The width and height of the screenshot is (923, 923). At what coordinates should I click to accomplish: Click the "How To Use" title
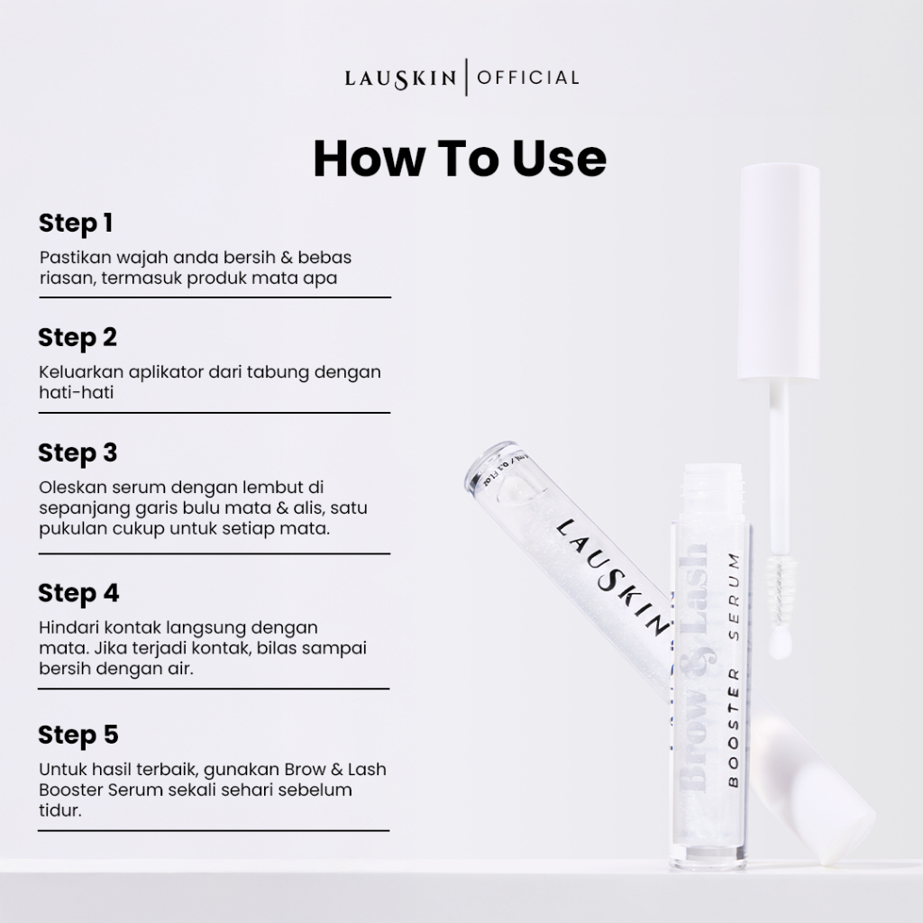pyautogui.click(x=460, y=159)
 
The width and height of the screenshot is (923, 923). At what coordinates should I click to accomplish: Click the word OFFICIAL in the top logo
pyautogui.click(x=528, y=78)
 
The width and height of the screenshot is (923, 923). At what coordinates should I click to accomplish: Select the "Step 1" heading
pyautogui.click(x=76, y=224)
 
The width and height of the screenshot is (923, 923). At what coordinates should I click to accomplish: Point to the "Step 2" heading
pyautogui.click(x=78, y=339)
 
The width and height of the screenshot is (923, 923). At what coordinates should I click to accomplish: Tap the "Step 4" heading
pyautogui.click(x=78, y=594)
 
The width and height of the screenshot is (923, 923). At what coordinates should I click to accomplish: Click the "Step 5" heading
pyautogui.click(x=78, y=736)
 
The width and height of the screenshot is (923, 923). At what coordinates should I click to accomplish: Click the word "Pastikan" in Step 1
pyautogui.click(x=75, y=258)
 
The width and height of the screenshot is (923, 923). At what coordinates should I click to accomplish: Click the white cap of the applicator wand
pyautogui.click(x=780, y=272)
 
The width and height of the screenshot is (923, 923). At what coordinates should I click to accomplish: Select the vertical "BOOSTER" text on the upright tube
pyautogui.click(x=734, y=727)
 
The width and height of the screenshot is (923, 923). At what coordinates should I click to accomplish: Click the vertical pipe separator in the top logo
pyautogui.click(x=466, y=78)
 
